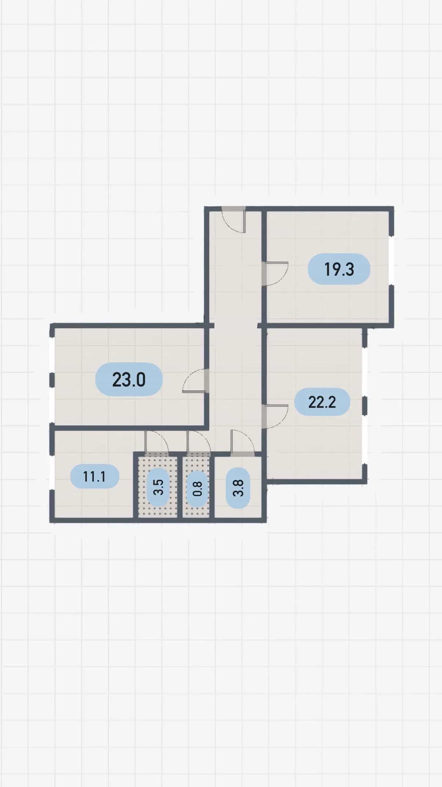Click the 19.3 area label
(x=339, y=269)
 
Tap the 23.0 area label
(x=129, y=379)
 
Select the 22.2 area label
(x=322, y=402)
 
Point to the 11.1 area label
(x=95, y=476)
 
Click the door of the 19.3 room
(x=275, y=273)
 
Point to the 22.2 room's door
(x=275, y=416)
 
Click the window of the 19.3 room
(x=391, y=261)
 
